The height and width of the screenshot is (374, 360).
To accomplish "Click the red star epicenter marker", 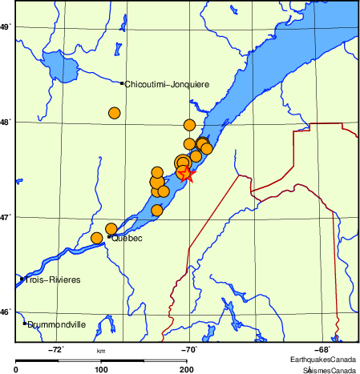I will (x=187, y=174).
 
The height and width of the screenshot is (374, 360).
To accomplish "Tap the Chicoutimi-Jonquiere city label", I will (x=167, y=83).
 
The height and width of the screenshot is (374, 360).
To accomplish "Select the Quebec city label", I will (x=127, y=238).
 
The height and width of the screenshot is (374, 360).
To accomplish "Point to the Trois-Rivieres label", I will (x=47, y=279).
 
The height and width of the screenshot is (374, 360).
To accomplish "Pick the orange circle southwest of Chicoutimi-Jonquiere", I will (x=114, y=113).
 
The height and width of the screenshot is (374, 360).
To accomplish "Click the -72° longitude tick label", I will (x=57, y=349).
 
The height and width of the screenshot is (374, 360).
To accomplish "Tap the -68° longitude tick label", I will (x=321, y=349).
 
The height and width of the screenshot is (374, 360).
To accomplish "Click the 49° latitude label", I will (x=5, y=27).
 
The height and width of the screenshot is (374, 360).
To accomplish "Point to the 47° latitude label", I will (x=5, y=217).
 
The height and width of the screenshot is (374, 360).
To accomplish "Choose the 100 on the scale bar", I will (x=101, y=369).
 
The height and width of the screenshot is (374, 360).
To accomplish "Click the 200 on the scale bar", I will (x=186, y=369).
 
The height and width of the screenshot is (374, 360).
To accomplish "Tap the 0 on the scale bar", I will (x=17, y=369).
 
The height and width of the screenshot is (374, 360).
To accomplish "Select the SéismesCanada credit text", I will (x=329, y=370).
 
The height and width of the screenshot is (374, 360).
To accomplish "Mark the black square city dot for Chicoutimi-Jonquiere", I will (x=122, y=83).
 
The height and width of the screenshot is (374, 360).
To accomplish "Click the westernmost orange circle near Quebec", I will (x=98, y=238).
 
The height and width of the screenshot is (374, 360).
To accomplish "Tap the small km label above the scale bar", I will (x=101, y=351).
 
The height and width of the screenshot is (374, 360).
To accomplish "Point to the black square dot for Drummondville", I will (x=25, y=323).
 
